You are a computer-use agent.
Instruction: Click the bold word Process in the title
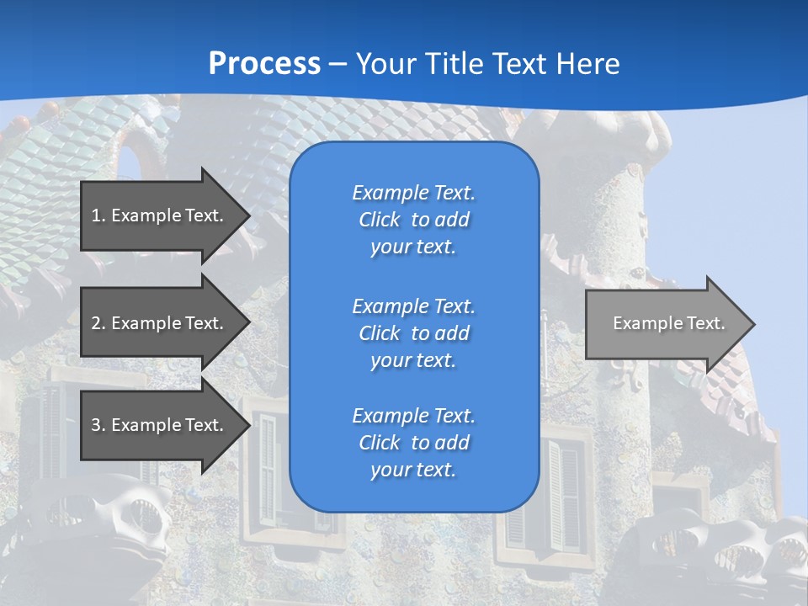(264, 64)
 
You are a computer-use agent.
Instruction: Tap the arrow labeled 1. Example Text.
(157, 215)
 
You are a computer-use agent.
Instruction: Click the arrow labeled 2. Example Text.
(157, 323)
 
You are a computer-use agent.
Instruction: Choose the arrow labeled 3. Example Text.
(157, 425)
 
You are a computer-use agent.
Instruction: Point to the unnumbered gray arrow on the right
(668, 323)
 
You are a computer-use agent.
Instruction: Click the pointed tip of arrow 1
(247, 215)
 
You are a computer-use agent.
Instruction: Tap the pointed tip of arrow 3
(247, 425)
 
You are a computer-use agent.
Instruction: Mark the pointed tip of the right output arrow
(752, 324)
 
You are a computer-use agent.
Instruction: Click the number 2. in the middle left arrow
(98, 323)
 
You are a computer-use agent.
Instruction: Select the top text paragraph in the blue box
(413, 220)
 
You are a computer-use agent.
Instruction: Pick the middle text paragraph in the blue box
(413, 332)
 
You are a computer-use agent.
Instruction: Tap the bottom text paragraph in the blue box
(413, 443)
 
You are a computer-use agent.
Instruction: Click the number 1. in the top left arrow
(98, 215)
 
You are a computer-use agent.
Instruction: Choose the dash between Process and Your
(338, 64)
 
